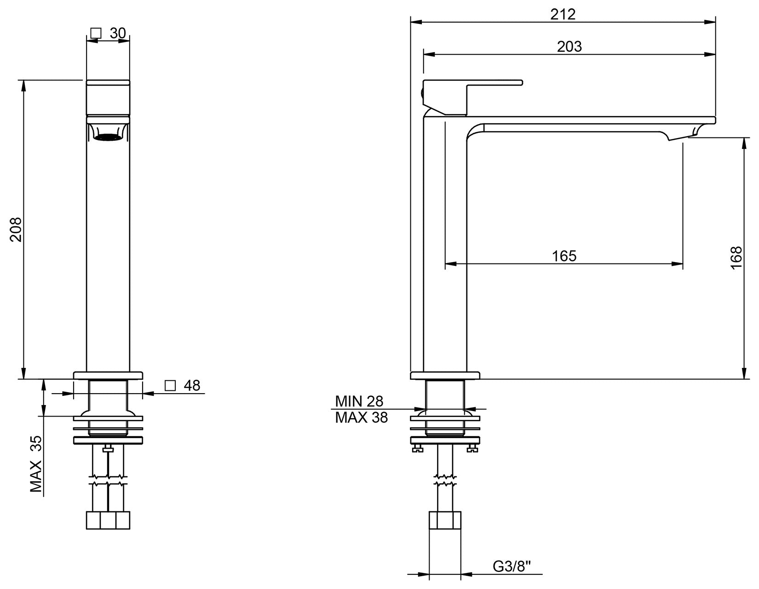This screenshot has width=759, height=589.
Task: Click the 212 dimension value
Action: (563, 14)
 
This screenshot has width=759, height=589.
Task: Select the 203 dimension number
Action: (569, 46)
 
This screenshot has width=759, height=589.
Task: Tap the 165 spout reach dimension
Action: (564, 256)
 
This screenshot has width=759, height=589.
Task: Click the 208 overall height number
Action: (16, 229)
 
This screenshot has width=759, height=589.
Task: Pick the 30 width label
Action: (118, 33)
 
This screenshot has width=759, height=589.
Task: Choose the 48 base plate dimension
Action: (192, 385)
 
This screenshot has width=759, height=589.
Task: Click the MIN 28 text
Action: (359, 401)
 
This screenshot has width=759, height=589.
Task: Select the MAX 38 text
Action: (361, 417)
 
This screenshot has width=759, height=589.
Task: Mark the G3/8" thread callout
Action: (512, 566)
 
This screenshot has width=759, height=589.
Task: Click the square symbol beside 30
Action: (96, 33)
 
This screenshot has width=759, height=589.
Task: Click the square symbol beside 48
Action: (170, 385)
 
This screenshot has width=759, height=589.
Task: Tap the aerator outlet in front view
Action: (108, 137)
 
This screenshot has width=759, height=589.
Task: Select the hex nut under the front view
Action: (108, 520)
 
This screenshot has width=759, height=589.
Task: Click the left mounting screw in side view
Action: (417, 449)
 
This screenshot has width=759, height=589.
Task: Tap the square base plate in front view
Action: (108, 375)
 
